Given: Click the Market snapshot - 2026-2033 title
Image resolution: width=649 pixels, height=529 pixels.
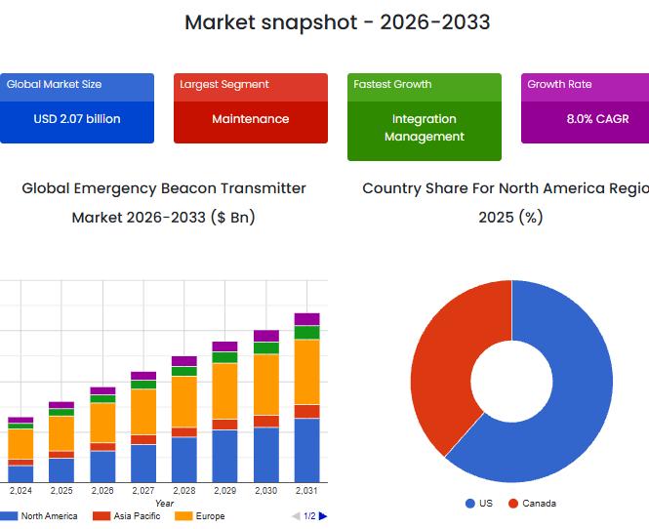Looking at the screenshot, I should pyautogui.click(x=337, y=21).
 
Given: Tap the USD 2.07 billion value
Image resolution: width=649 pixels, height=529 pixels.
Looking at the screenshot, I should pyautogui.click(x=77, y=119).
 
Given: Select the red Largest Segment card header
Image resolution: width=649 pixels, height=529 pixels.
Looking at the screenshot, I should pyautogui.click(x=251, y=85).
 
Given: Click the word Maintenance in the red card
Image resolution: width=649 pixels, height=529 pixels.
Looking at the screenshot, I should pyautogui.click(x=251, y=119).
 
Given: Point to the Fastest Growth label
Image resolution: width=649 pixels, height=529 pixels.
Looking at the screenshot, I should pyautogui.click(x=392, y=85).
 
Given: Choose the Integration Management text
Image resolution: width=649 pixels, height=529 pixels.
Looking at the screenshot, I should pyautogui.click(x=425, y=128).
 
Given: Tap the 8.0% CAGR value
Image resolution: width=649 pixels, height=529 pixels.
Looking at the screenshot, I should pyautogui.click(x=597, y=119).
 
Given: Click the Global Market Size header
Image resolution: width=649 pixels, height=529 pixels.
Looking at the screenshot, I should pyautogui.click(x=54, y=85).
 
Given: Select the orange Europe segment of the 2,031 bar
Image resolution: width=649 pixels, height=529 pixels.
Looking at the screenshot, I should pyautogui.click(x=307, y=371).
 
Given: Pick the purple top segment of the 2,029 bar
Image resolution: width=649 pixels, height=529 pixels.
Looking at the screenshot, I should pyautogui.click(x=225, y=346).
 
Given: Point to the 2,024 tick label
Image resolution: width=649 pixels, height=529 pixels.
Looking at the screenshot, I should pyautogui.click(x=20, y=491).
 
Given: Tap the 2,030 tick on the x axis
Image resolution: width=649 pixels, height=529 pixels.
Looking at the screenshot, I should pyautogui.click(x=266, y=491).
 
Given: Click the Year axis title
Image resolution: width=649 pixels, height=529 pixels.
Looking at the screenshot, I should pyautogui.click(x=164, y=504).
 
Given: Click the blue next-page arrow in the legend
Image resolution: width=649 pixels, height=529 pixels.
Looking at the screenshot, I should pyautogui.click(x=323, y=516).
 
